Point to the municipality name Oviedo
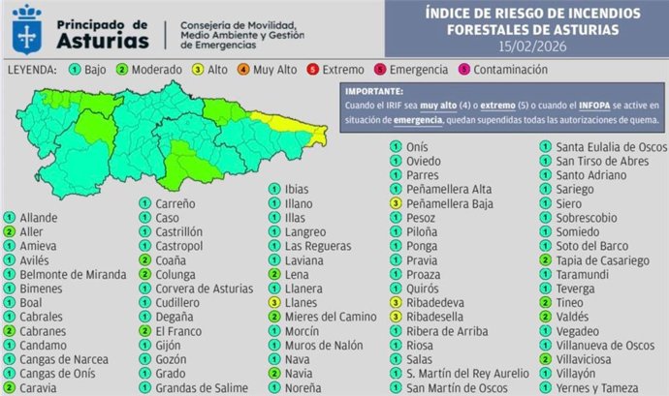(x=424, y=161)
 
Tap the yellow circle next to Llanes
(x=274, y=302)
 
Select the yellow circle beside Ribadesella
(x=396, y=317)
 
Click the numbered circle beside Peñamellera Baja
(x=396, y=204)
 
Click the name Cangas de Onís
(x=60, y=373)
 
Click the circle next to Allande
(x=9, y=219)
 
